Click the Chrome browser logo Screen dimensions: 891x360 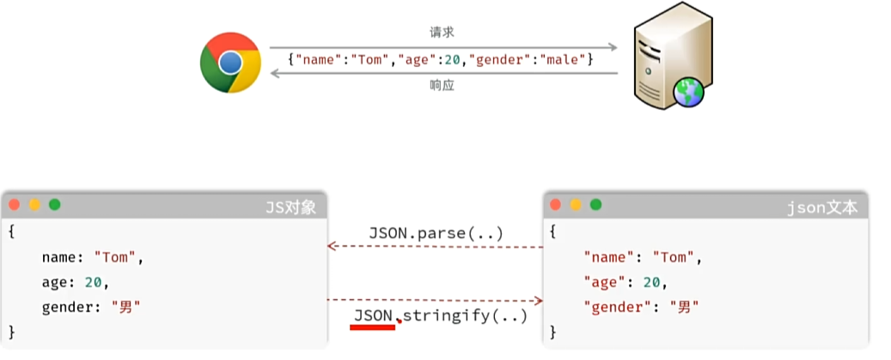click(230, 62)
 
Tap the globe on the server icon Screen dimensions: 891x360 click(688, 92)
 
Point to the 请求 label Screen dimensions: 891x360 click(442, 33)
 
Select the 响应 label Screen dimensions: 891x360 click(442, 86)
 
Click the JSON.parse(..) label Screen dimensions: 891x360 click(436, 233)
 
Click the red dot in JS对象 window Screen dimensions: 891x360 click(15, 204)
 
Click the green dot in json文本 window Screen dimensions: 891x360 click(595, 204)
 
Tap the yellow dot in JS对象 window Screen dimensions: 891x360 click(34, 204)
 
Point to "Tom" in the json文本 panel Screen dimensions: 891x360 click(673, 257)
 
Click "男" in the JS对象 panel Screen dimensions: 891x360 click(125, 307)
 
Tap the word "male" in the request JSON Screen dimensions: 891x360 click(565, 60)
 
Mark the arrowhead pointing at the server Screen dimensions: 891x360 click(613, 46)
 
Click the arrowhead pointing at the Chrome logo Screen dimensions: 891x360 click(276, 74)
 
